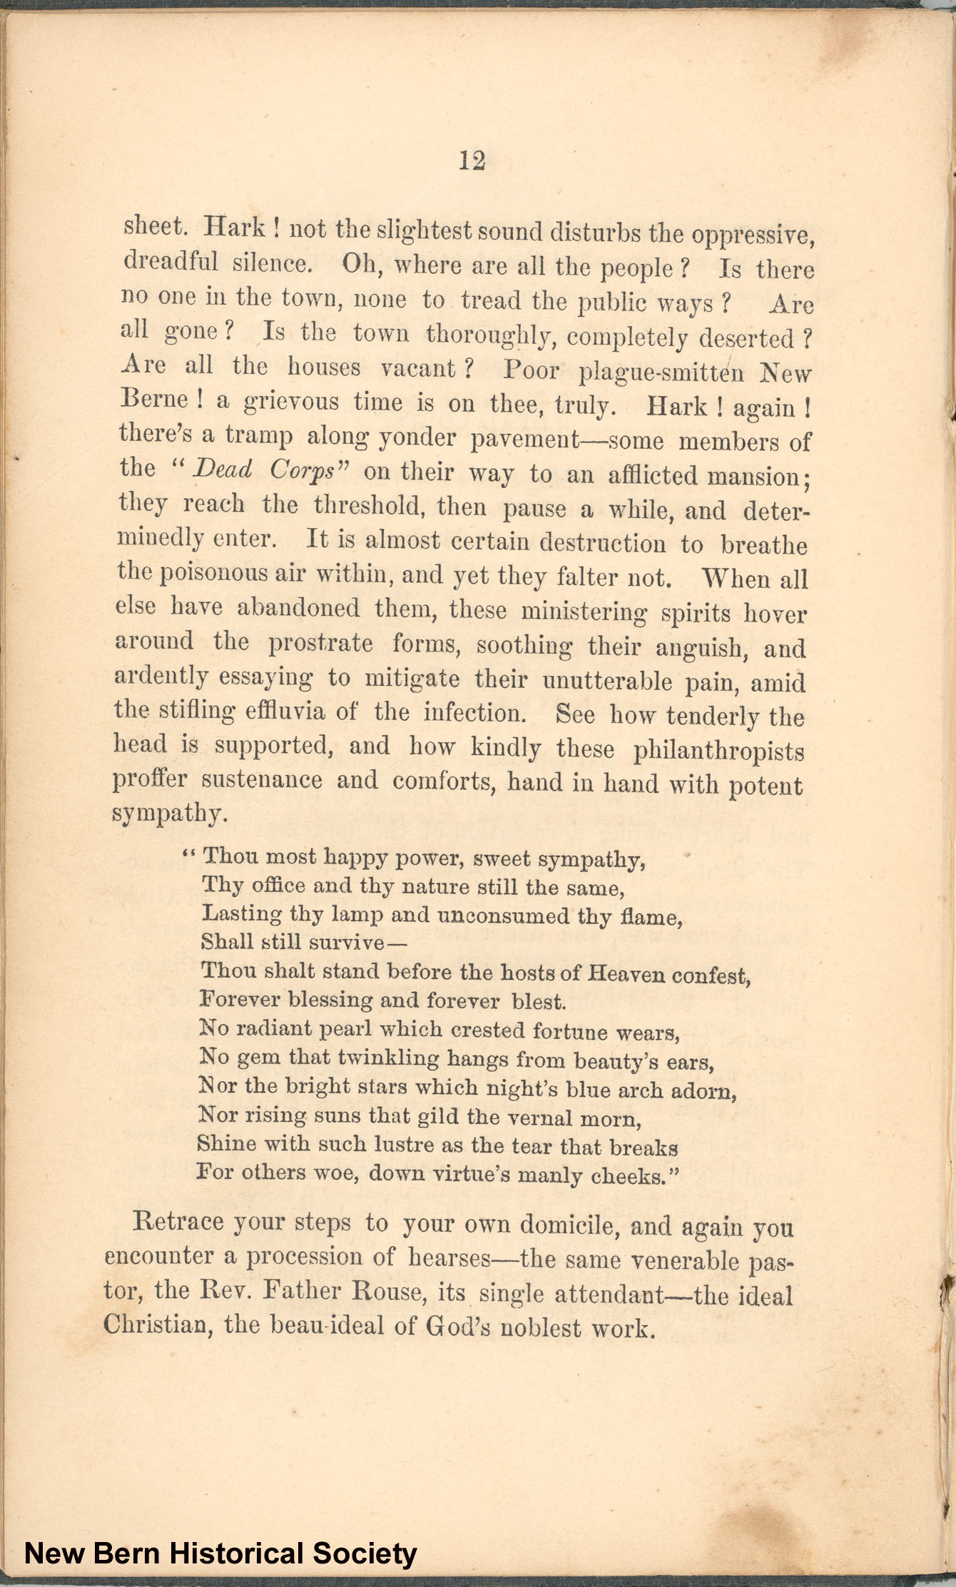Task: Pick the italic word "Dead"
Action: pyautogui.click(x=223, y=470)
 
